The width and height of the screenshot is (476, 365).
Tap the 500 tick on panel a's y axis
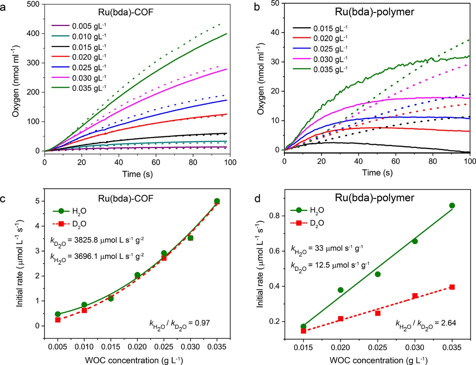[33, 4]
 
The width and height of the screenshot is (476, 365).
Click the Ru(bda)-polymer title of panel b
[374, 12]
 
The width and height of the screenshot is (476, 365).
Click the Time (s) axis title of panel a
[137, 174]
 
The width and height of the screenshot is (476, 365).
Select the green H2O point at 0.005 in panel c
[58, 314]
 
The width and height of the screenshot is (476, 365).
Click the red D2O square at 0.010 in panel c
[84, 310]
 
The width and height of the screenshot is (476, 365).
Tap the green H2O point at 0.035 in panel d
[452, 206]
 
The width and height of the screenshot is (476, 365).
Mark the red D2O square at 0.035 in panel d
[452, 287]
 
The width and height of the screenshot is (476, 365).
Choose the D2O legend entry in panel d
[317, 223]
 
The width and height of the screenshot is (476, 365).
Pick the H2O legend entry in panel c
[79, 211]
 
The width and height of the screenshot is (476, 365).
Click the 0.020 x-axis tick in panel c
[137, 347]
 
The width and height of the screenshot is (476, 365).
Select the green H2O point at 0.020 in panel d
[341, 290]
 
